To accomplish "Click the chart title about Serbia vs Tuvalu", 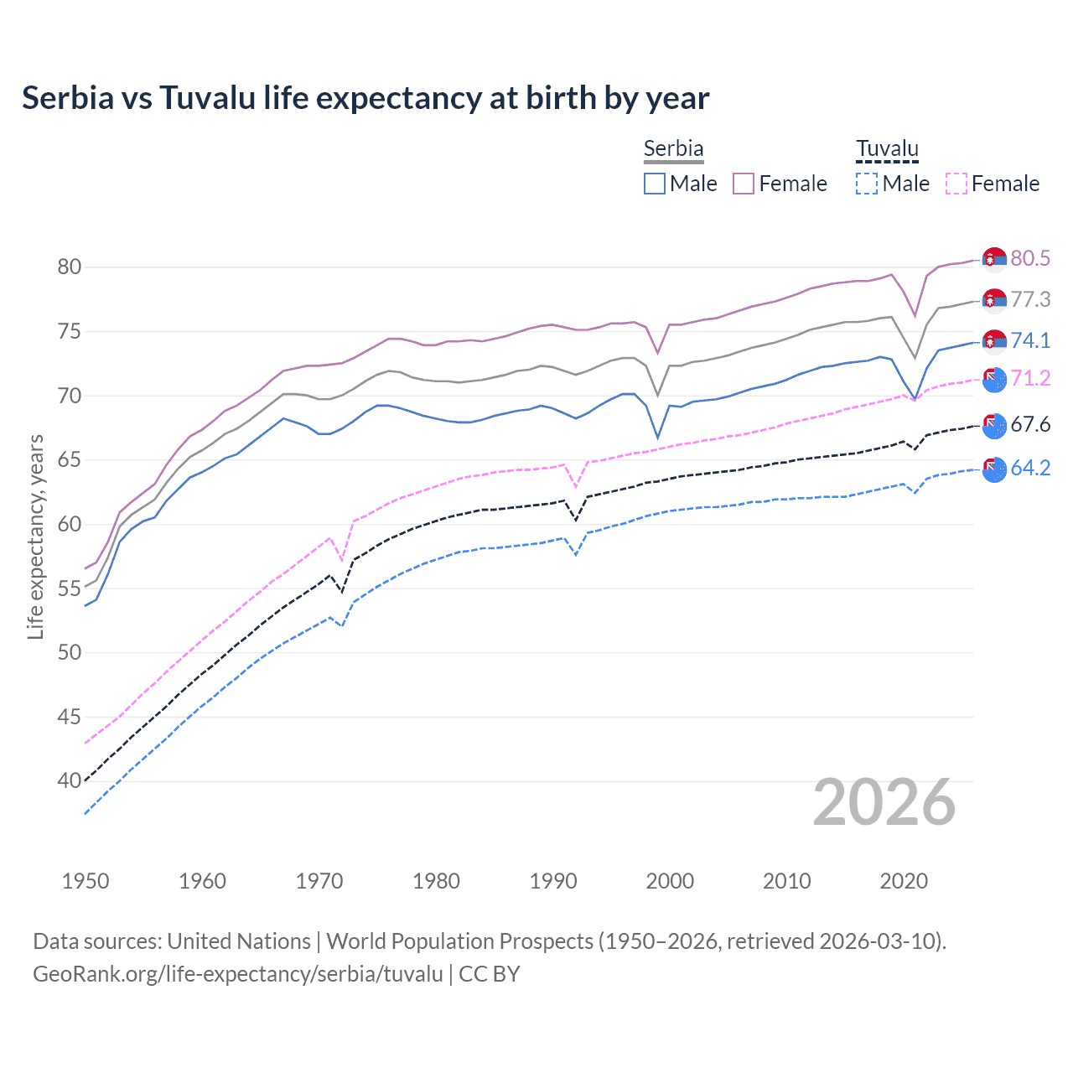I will coord(365,98).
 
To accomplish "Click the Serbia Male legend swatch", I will coord(655,184).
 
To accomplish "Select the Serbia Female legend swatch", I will coord(744,184).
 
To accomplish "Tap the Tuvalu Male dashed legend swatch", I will coord(867,184).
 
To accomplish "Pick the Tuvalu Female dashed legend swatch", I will coord(956,184).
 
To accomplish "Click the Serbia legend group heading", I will coord(673,148).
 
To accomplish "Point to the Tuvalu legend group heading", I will coord(887,148).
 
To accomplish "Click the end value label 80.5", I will coord(1030,258).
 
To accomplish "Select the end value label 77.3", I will coord(1030,299).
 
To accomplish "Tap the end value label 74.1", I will coord(1030,340).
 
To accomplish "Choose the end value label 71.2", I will coord(1030,378).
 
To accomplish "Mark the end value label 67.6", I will coord(1030,424).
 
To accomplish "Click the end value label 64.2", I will coord(1030,468).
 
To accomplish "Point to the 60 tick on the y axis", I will coord(69,524).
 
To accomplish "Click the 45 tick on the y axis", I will coord(69,717).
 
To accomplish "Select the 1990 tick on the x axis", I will coord(553,881).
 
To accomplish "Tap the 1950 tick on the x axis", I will coord(86,881).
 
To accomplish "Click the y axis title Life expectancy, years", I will coord(35,536).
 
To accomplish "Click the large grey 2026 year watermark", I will coord(884,802).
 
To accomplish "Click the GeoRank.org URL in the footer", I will coord(237,974).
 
